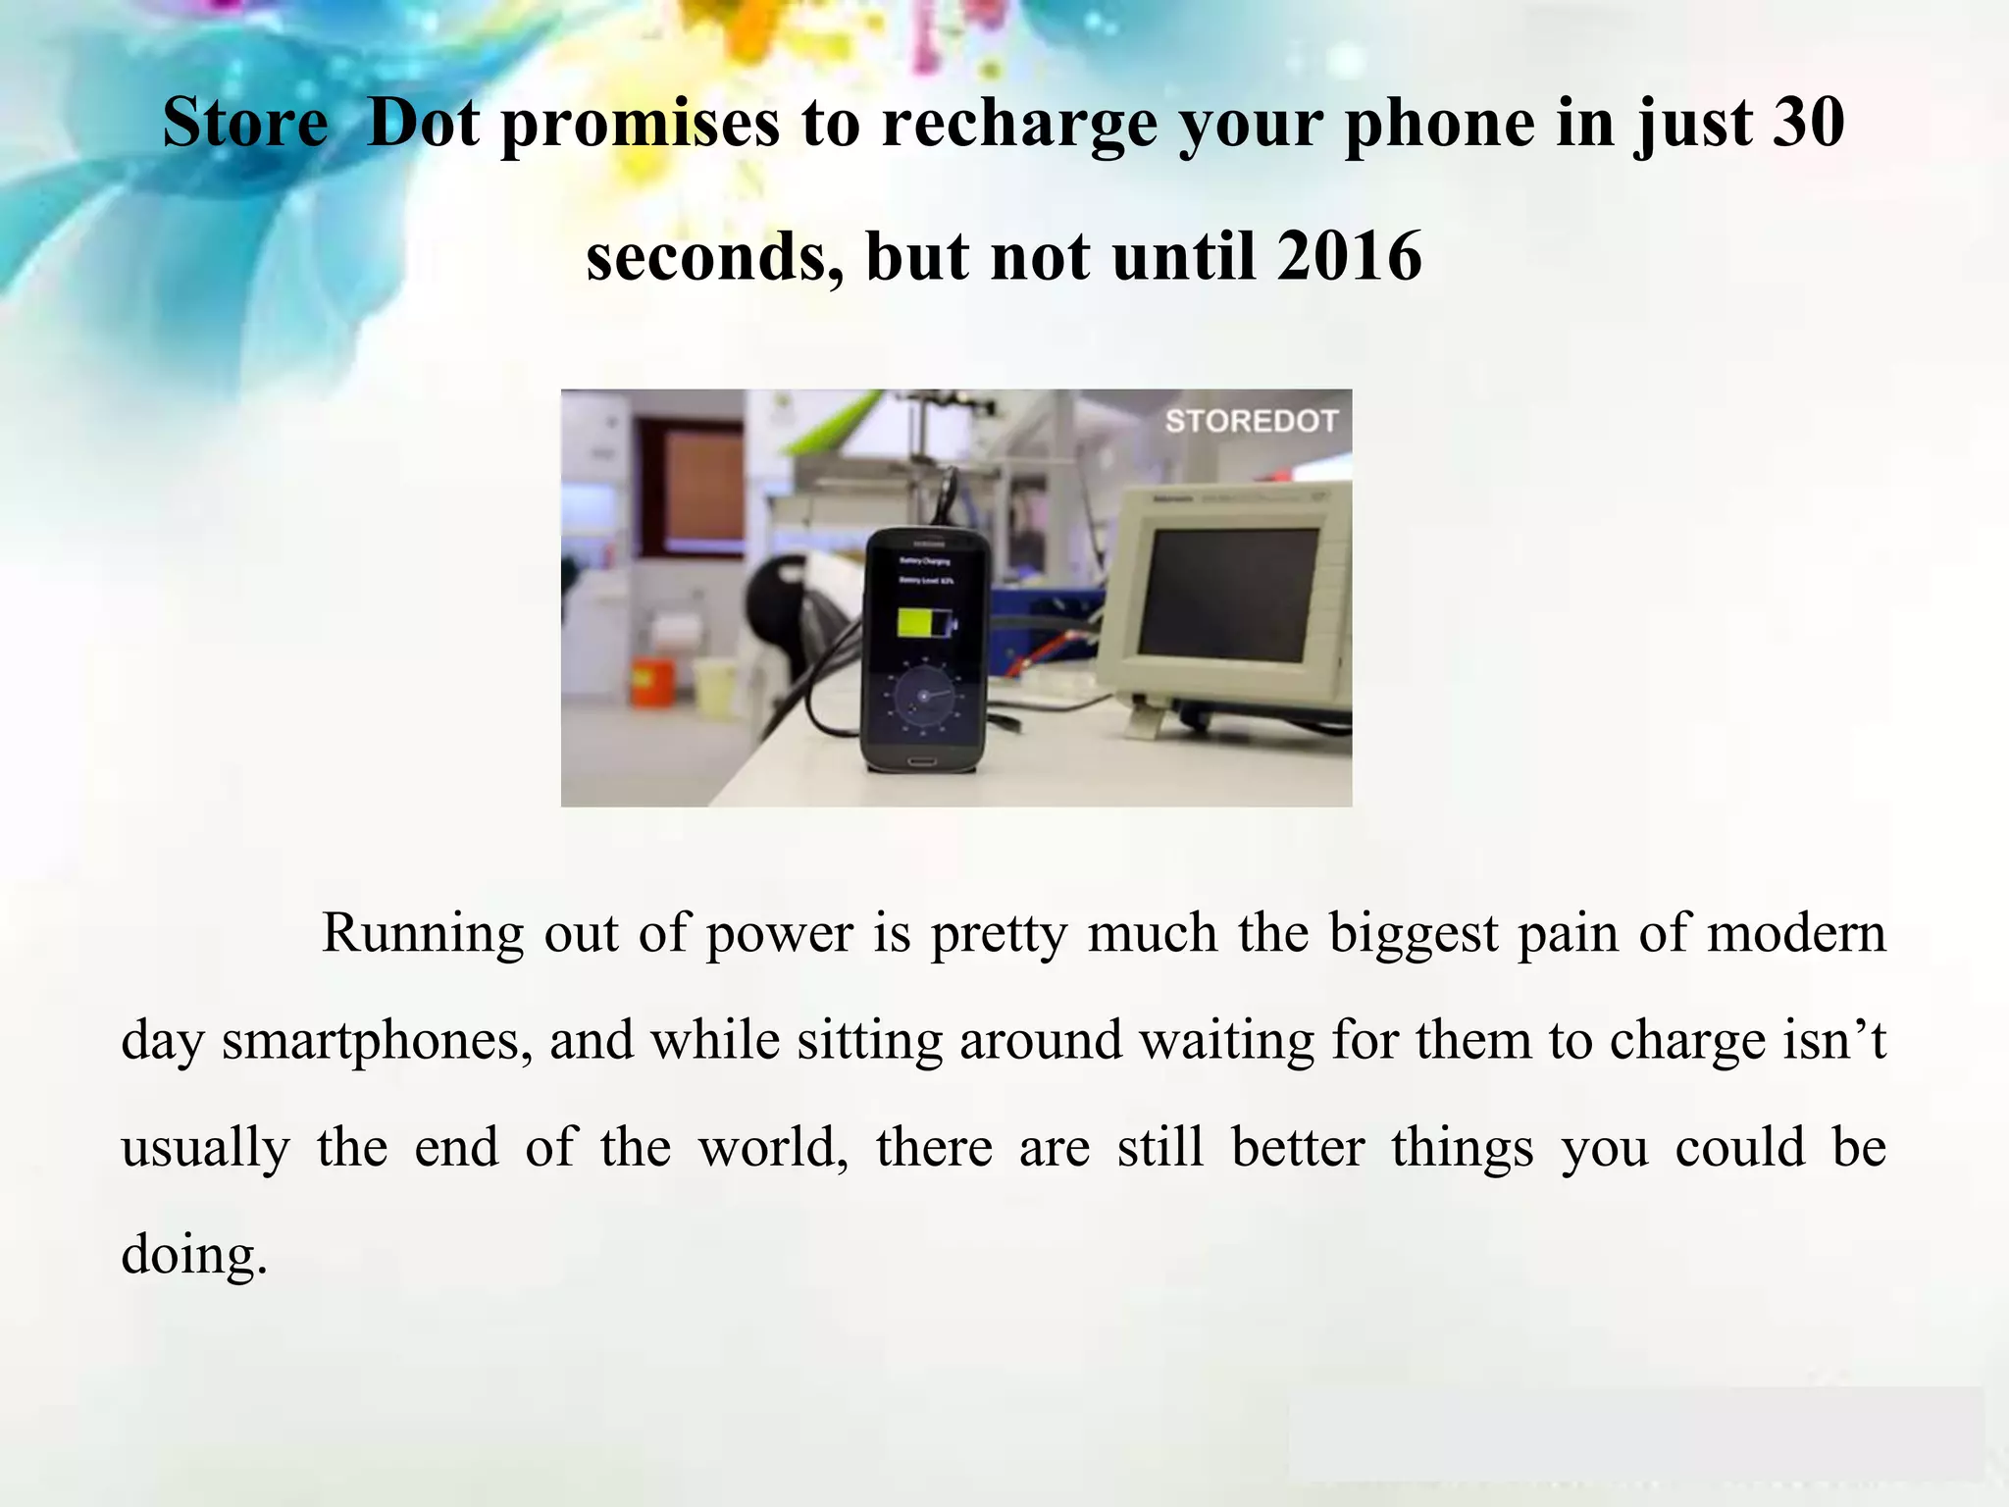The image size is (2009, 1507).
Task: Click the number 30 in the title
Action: coord(1808,123)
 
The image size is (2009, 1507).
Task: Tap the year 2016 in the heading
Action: coord(1349,256)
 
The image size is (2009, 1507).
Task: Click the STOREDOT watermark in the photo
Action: coord(1251,421)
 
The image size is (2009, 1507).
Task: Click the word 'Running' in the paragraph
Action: coord(423,933)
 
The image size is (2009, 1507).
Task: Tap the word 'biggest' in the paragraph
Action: coord(1414,933)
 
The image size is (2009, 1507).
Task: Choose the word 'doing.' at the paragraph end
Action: coord(194,1255)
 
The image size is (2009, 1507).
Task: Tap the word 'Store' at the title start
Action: coord(245,123)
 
